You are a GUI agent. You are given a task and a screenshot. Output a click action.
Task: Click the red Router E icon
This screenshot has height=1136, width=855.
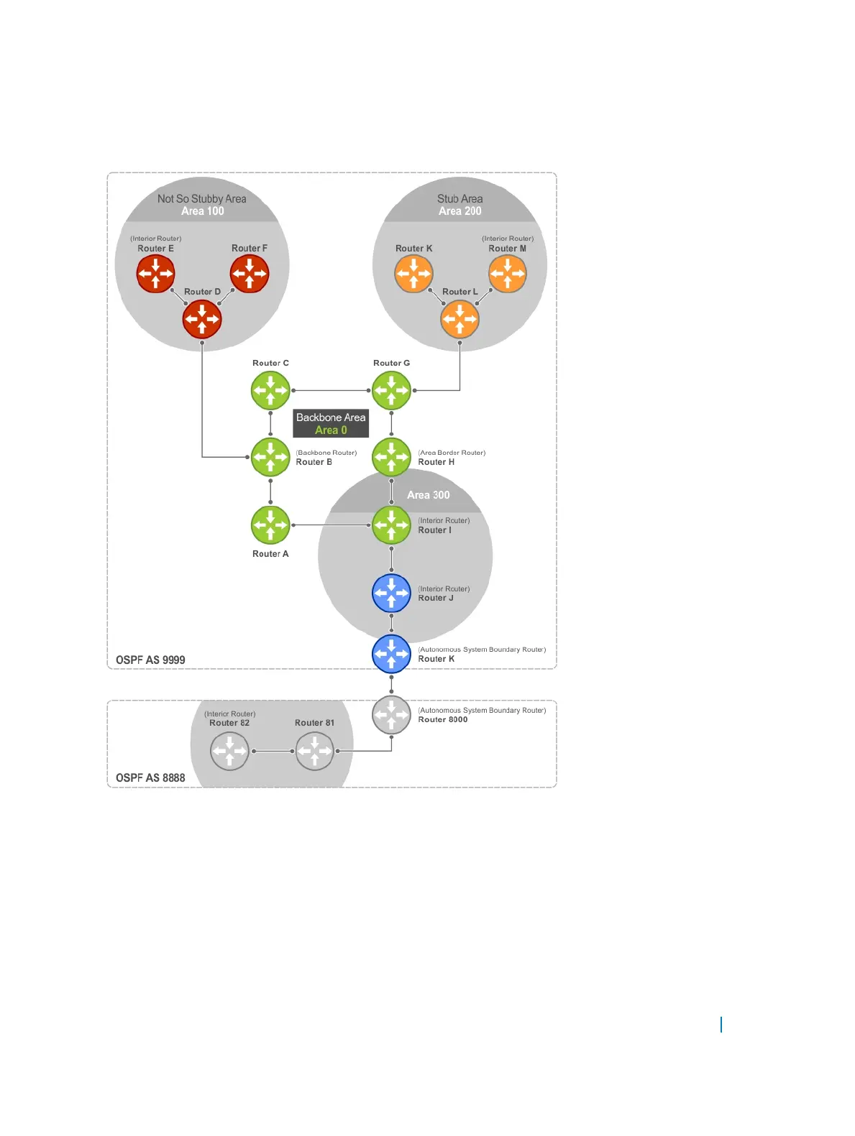pyautogui.click(x=155, y=274)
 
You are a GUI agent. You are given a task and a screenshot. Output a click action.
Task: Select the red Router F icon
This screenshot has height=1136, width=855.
pyautogui.click(x=250, y=274)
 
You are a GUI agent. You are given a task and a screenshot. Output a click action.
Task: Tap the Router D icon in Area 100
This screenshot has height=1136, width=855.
pyautogui.click(x=202, y=319)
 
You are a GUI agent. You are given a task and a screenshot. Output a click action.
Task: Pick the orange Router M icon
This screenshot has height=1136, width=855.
pyautogui.click(x=507, y=274)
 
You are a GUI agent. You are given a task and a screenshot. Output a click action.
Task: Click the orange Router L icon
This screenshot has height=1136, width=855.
pyautogui.click(x=459, y=319)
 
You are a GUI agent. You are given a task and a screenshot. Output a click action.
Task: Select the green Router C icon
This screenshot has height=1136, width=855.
pyautogui.click(x=270, y=390)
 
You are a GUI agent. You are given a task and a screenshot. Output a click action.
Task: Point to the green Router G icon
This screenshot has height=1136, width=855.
pyautogui.click(x=391, y=390)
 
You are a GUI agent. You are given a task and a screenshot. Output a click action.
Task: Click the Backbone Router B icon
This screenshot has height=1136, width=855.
pyautogui.click(x=270, y=457)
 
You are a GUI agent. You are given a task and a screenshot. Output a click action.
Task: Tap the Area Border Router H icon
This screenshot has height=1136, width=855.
pyautogui.click(x=391, y=457)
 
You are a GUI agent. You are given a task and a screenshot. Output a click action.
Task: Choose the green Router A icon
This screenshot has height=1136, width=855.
pyautogui.click(x=270, y=525)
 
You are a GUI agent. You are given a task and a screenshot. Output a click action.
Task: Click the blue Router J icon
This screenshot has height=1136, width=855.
pyautogui.click(x=391, y=594)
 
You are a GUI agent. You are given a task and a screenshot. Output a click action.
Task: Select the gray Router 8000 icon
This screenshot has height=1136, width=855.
pyautogui.click(x=391, y=714)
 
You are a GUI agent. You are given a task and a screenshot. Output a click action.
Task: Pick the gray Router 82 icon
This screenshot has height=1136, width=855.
pyautogui.click(x=229, y=752)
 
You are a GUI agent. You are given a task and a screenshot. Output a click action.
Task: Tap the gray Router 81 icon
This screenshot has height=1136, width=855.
pyautogui.click(x=314, y=752)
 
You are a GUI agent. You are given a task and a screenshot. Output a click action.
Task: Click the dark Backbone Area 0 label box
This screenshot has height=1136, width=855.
pyautogui.click(x=331, y=423)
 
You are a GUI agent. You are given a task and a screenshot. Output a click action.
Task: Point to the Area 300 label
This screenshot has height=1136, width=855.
pyautogui.click(x=428, y=495)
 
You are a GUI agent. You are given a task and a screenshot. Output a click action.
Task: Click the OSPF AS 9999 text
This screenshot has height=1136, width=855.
pyautogui.click(x=150, y=660)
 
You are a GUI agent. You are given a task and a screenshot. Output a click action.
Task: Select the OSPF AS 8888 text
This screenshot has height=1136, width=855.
pyautogui.click(x=150, y=777)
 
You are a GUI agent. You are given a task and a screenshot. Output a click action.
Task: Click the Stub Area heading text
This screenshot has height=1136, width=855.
pyautogui.click(x=459, y=198)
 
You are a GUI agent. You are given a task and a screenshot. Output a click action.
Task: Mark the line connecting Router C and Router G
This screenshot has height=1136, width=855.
pyautogui.click(x=331, y=390)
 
